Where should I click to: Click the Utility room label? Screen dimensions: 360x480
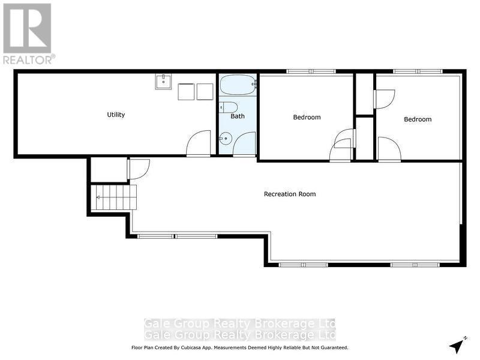[x=116, y=115]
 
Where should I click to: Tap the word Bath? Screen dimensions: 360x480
[x=238, y=116]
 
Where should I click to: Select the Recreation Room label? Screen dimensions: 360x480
[x=290, y=194]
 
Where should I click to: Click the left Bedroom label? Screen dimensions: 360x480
[x=307, y=117]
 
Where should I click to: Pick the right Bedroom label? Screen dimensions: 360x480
[x=417, y=119]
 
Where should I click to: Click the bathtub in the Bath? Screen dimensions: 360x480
[x=237, y=85]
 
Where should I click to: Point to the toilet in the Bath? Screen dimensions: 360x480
[x=228, y=107]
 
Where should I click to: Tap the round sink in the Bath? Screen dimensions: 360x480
[x=224, y=139]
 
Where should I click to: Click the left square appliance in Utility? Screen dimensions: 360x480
[x=186, y=92]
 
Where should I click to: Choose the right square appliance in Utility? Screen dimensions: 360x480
[x=205, y=92]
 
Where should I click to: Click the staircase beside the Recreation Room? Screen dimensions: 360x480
[x=114, y=197]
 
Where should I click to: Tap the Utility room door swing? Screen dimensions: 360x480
[x=199, y=144]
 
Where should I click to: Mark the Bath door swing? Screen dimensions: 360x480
[x=244, y=144]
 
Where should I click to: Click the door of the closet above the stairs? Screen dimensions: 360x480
[x=138, y=169]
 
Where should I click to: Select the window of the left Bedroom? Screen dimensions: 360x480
[x=311, y=72]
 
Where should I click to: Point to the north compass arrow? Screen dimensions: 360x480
[x=458, y=346]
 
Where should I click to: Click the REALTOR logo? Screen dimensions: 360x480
[x=28, y=34]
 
